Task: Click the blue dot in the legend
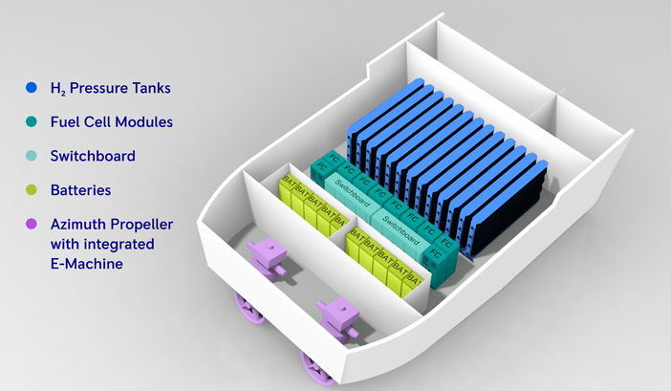click(x=32, y=88)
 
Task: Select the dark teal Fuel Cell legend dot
click(x=32, y=121)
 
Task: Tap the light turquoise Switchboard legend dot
click(x=32, y=156)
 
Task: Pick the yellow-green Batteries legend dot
click(x=32, y=190)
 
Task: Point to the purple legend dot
click(x=32, y=224)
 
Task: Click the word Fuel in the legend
click(x=66, y=121)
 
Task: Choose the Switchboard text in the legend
click(x=94, y=156)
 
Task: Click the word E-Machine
click(x=88, y=264)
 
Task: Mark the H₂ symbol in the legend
click(x=57, y=89)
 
